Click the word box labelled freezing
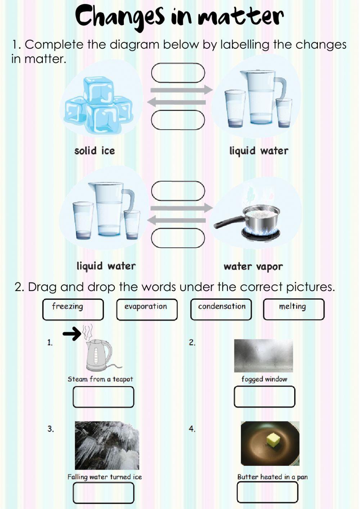coord(73,309)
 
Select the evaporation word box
coord(147,309)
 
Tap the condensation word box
coord(221,309)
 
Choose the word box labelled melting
coord(293,309)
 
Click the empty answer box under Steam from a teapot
coord(103,397)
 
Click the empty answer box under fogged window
coord(264,397)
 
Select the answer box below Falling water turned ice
coord(103,493)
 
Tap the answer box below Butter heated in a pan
coord(267,492)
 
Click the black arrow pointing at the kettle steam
coord(72,334)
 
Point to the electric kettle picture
coord(98,355)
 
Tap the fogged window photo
coord(263,356)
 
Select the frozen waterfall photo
coord(107,445)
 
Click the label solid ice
coord(94,151)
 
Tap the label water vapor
coord(253,267)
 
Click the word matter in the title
coord(240,17)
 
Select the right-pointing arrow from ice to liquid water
coord(181,90)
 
